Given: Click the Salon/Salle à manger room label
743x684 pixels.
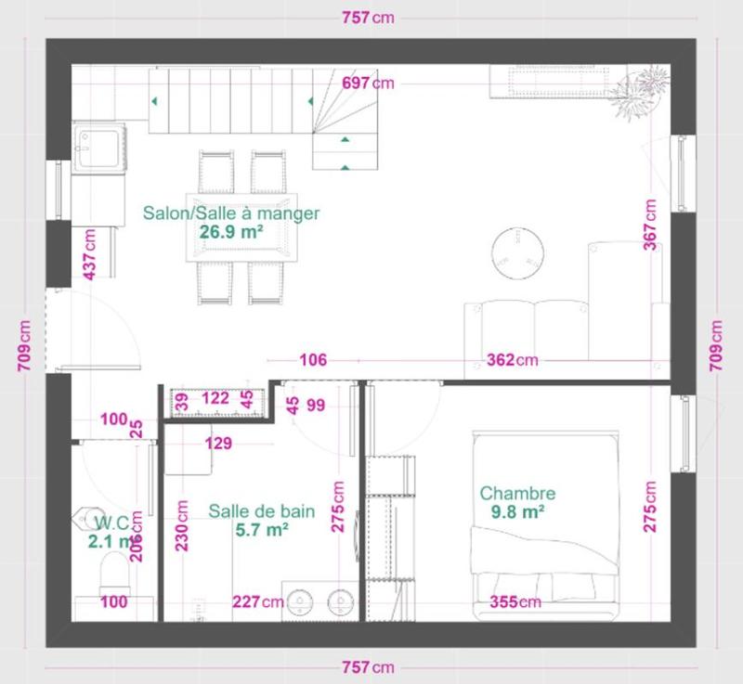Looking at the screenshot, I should click(230, 213).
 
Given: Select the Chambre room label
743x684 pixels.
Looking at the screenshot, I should click(516, 494).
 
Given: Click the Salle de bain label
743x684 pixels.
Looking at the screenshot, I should click(261, 511).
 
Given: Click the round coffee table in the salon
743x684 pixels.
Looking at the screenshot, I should click(517, 253).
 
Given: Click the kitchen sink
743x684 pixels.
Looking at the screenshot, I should click(98, 147).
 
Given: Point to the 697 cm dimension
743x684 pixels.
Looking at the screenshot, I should click(368, 84).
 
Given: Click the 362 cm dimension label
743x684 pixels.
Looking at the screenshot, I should click(513, 360).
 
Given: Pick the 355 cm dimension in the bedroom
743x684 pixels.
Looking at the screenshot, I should click(515, 602).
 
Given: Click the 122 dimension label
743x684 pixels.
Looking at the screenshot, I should click(215, 399).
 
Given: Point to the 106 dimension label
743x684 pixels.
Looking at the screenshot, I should click(313, 360).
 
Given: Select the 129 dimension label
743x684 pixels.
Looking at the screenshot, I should click(218, 444).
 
